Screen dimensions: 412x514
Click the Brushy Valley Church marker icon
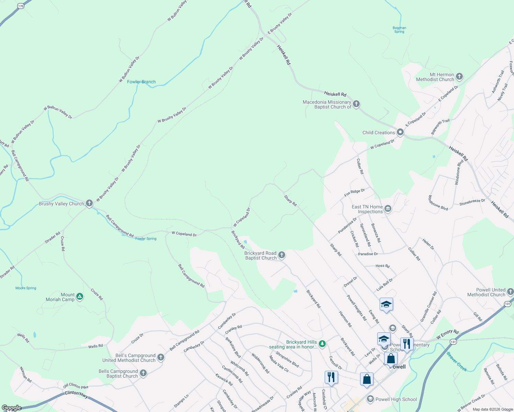[89, 203]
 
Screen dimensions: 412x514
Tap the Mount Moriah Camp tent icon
[80, 297]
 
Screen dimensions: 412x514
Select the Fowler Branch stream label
[141, 82]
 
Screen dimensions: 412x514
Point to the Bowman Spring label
[399, 30]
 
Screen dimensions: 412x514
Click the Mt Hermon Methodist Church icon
[459, 77]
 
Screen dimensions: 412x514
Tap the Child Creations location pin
[400, 132]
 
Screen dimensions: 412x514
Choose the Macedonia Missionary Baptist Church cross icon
[356, 104]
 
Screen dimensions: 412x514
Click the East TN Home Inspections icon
[388, 209]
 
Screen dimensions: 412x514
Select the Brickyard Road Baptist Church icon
[282, 255]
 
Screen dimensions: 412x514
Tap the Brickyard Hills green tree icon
[322, 344]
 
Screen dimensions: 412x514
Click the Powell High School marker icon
[370, 399]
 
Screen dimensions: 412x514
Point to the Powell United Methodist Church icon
[510, 292]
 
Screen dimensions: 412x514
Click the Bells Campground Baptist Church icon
[143, 373]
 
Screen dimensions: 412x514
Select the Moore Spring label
[26, 288]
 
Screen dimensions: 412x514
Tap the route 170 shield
[21, 6]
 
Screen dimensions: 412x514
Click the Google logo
[12, 408]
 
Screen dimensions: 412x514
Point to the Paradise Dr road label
[368, 254]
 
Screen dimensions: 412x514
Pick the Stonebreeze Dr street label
[472, 202]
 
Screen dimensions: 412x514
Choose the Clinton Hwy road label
[76, 394]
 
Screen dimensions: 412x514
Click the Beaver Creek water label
[457, 362]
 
